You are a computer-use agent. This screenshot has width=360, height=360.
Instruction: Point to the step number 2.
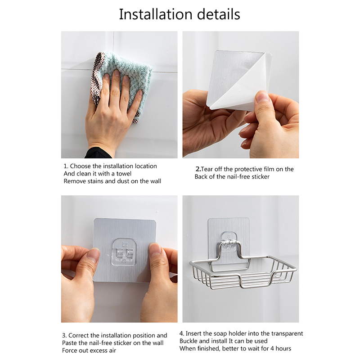[x=198, y=169]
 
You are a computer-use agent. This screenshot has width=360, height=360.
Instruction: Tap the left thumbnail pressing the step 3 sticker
[x=94, y=255]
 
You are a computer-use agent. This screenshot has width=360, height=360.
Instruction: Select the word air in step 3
[x=112, y=351]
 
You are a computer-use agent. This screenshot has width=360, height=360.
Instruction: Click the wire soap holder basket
[x=243, y=272]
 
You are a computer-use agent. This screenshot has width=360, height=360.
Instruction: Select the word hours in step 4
[x=283, y=348]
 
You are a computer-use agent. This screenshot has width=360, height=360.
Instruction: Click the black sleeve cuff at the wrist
[x=98, y=153]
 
